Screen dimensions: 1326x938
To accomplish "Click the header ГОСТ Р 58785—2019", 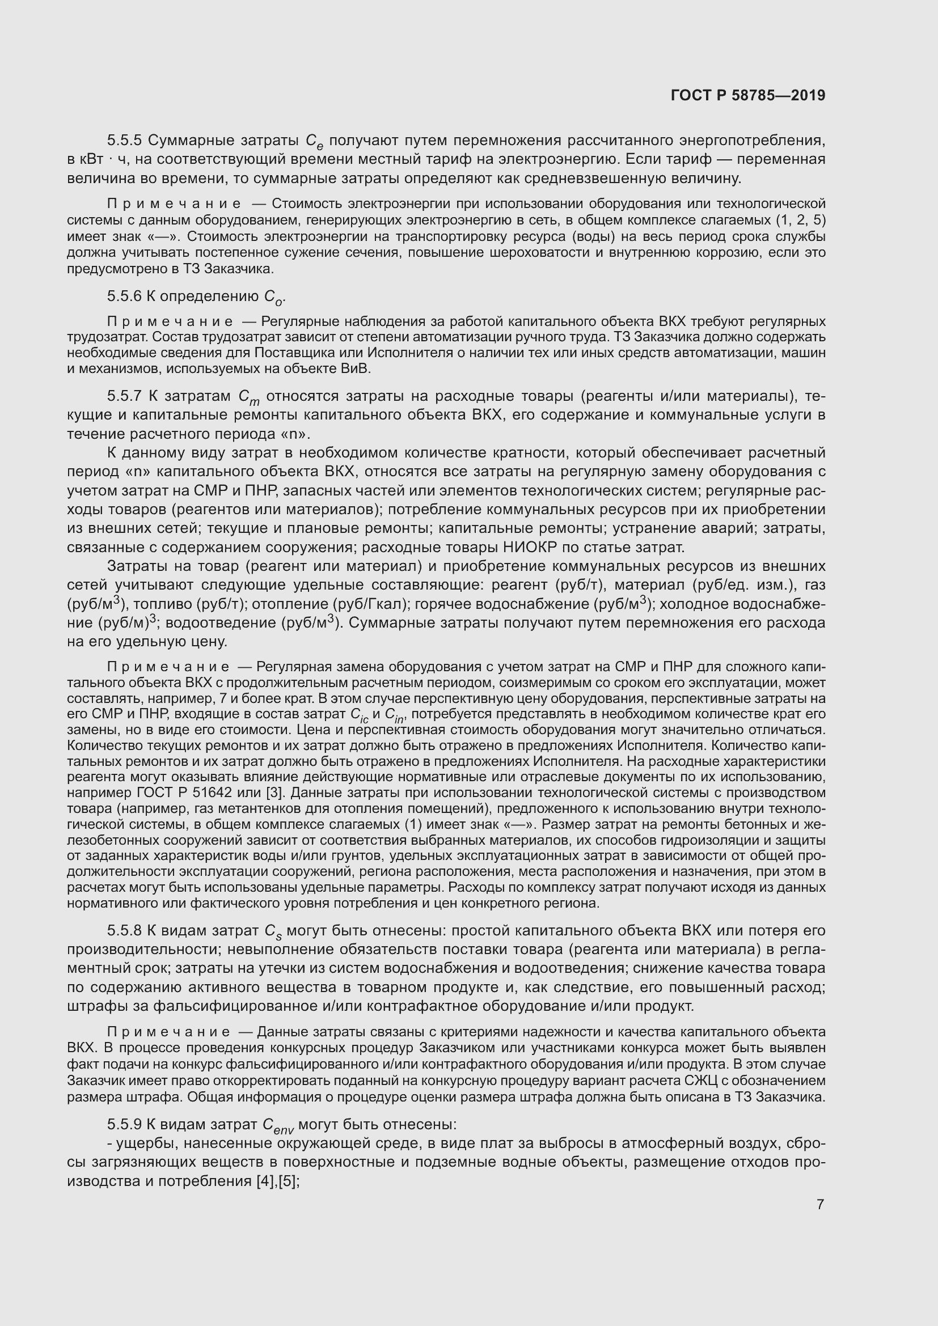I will coord(748,95).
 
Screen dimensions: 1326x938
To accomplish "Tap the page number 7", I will coord(820,1204).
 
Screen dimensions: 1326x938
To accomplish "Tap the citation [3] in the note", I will coord(263,793).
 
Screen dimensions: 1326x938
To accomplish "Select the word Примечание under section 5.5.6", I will coord(170,321).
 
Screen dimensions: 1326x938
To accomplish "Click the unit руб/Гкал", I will coord(362,604).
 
